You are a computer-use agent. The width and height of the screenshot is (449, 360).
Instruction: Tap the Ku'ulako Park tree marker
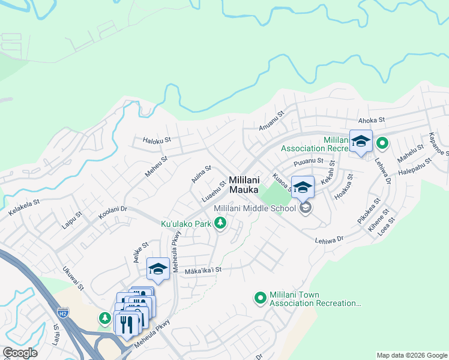pyautogui.click(x=221, y=224)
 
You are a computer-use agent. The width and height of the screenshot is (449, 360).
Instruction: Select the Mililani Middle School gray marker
pyautogui.click(x=305, y=208)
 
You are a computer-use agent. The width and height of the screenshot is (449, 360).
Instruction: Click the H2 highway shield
pyautogui.click(x=63, y=313)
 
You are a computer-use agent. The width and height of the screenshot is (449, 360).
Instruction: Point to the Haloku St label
pyautogui.click(x=157, y=140)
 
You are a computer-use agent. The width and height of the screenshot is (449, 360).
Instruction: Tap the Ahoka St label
pyautogui.click(x=370, y=121)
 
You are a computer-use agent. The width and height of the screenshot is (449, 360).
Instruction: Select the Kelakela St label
pyautogui.click(x=24, y=208)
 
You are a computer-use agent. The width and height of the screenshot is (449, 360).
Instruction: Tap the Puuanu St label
pyautogui.click(x=309, y=162)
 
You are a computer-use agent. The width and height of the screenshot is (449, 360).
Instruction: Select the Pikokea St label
pyautogui.click(x=369, y=212)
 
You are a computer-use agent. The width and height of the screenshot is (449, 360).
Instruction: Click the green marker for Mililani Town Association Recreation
pyautogui.click(x=261, y=298)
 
